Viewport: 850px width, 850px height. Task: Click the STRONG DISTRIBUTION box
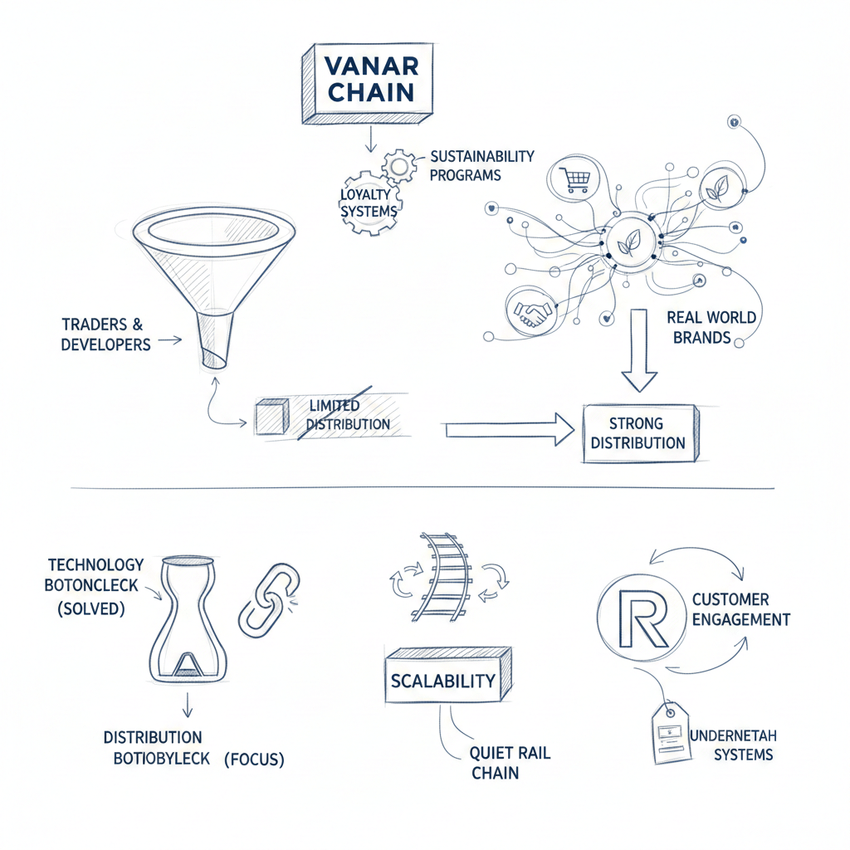click(x=637, y=432)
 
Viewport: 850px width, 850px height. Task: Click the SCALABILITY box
click(x=442, y=681)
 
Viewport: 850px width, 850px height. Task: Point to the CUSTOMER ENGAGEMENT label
click(x=740, y=609)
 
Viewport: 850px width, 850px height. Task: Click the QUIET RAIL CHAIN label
click(x=510, y=763)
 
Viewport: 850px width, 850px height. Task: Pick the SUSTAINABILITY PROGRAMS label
click(x=481, y=165)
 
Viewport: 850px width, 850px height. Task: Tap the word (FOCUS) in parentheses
click(x=254, y=759)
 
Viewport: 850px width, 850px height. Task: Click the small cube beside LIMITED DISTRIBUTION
click(x=271, y=416)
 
